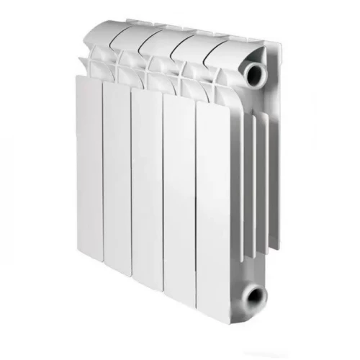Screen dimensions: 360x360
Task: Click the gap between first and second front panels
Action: [x=102, y=173]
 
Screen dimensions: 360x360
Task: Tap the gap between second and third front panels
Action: [x=130, y=180]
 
